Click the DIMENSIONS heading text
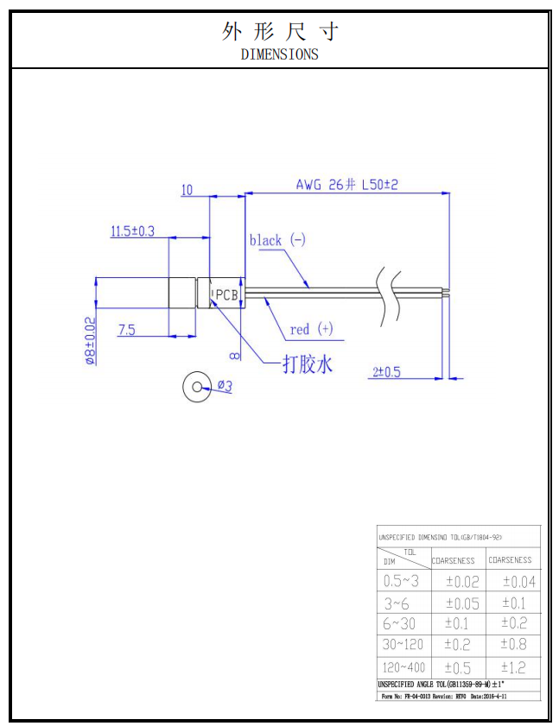[279, 54]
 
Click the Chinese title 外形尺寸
[279, 32]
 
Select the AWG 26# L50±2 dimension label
[346, 185]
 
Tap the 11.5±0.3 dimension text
[132, 231]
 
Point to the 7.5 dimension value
[126, 329]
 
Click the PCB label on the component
[226, 294]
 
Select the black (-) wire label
[277, 240]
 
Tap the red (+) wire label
[311, 329]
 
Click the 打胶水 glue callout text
[308, 364]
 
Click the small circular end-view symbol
[196, 388]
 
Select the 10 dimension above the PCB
[187, 190]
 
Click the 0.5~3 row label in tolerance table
[401, 581]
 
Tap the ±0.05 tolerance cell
[461, 603]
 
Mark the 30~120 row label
[403, 644]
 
